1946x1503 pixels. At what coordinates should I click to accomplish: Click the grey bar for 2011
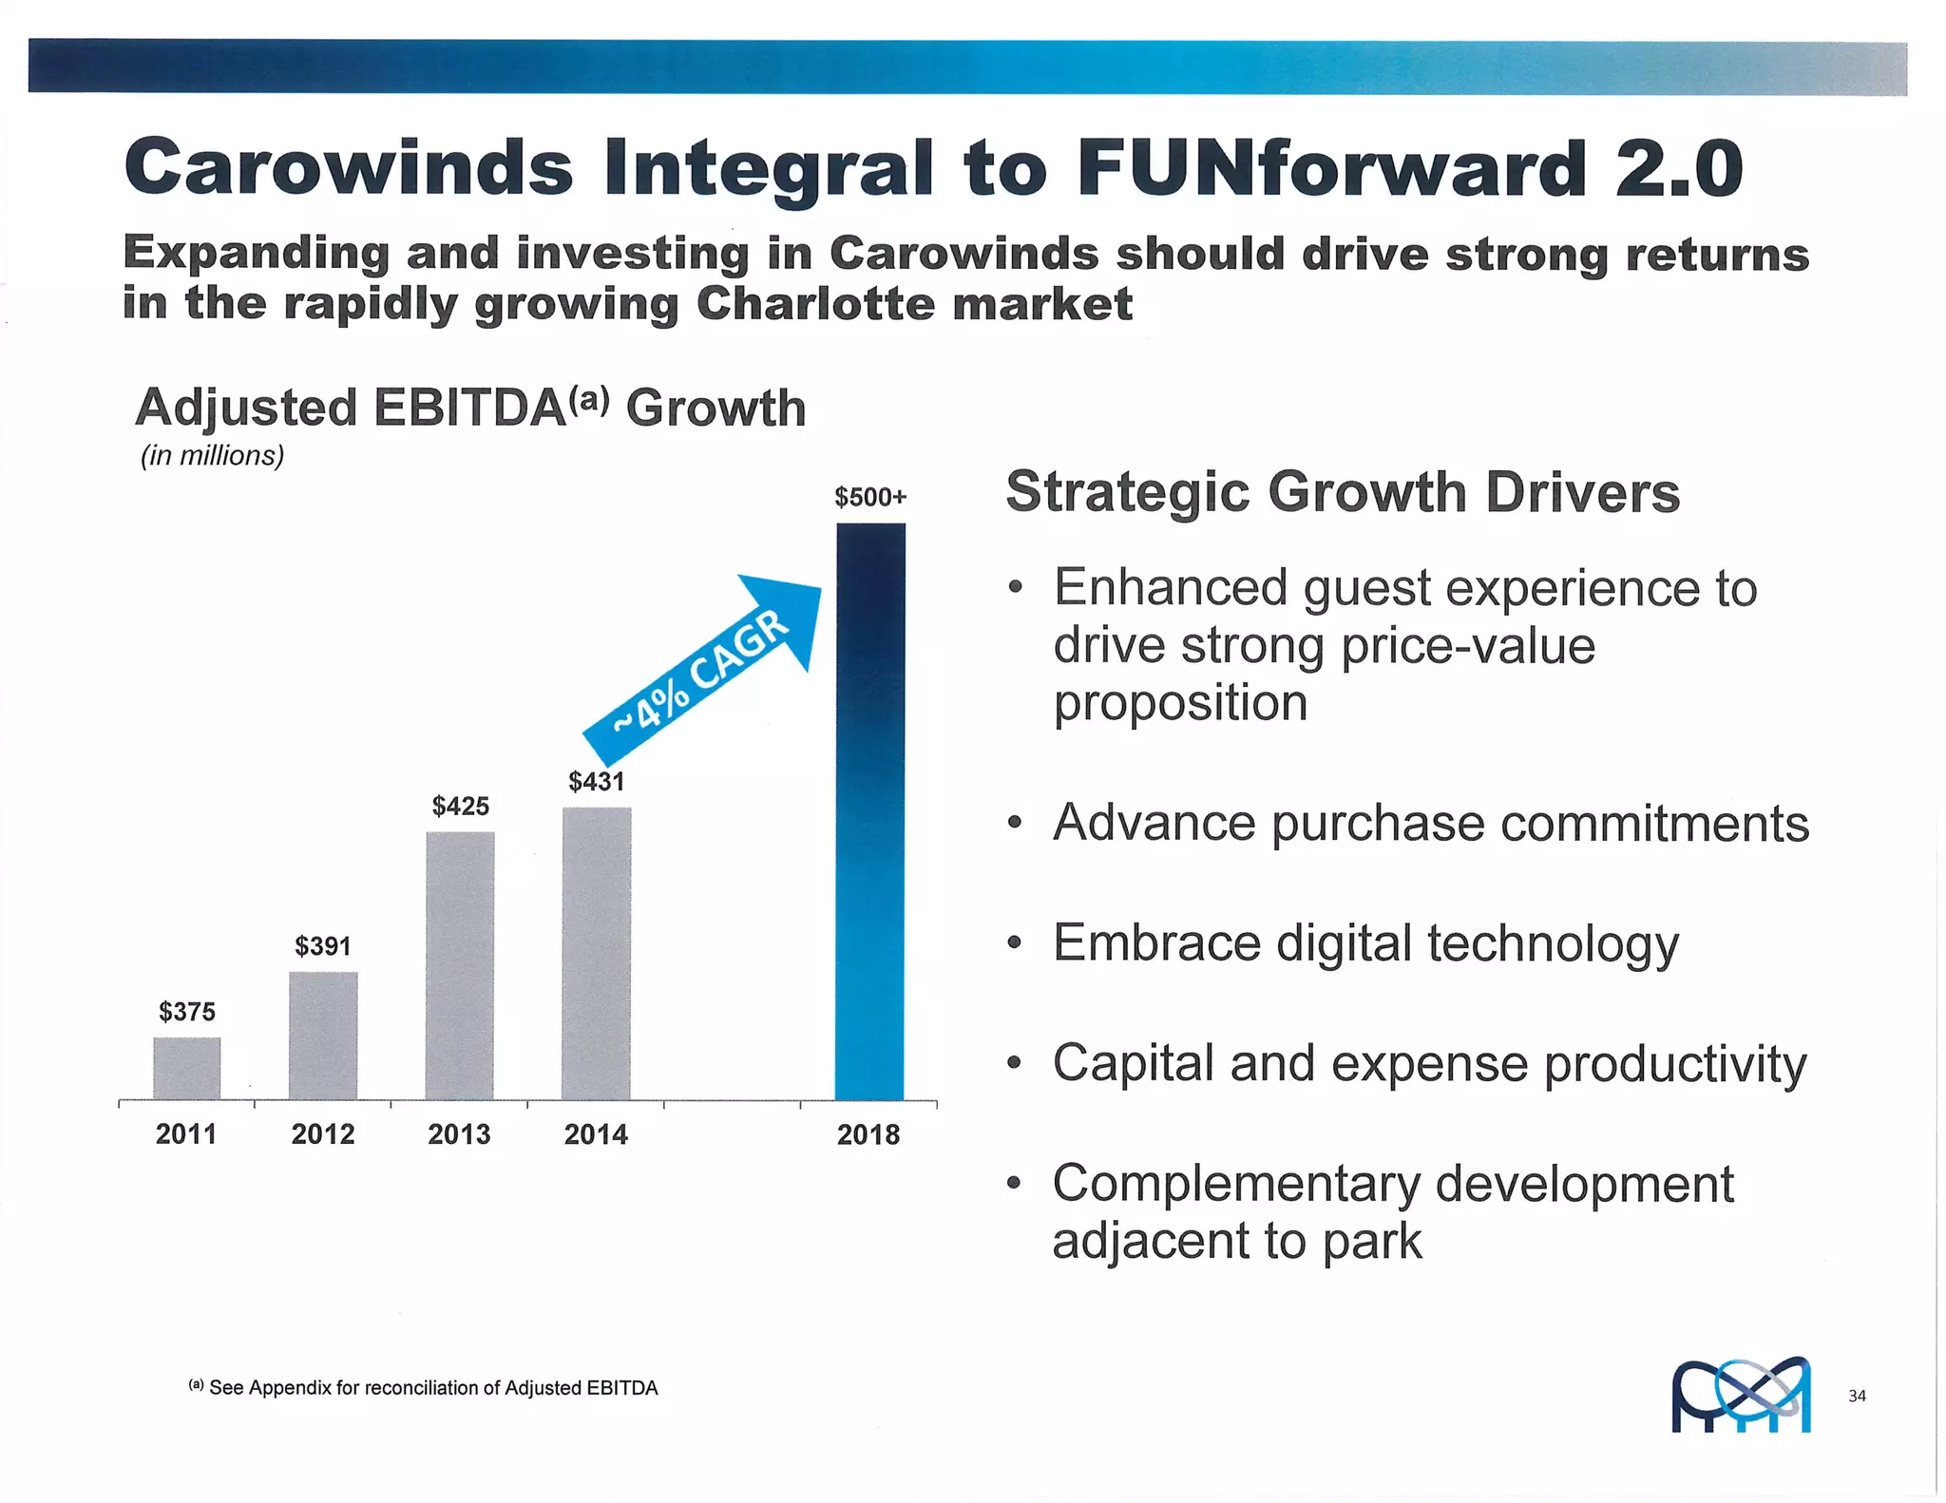[187, 1068]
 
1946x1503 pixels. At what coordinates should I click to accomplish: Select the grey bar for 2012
[323, 1036]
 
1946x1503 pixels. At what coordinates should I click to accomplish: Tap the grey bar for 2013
[460, 965]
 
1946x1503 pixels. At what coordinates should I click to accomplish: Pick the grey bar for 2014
[597, 953]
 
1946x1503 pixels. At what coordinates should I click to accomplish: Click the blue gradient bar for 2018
[870, 812]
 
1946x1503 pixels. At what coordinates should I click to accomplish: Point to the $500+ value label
[870, 497]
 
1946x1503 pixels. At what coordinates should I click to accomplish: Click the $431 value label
[597, 782]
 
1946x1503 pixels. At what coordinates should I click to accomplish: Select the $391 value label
[323, 946]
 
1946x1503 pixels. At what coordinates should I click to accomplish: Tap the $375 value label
[187, 1012]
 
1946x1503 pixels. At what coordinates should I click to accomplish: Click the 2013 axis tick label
[460, 1134]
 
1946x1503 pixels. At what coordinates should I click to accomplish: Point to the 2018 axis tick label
[868, 1134]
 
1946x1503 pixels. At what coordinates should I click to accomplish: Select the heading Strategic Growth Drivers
[1343, 492]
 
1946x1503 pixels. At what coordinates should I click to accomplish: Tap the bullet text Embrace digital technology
[1365, 943]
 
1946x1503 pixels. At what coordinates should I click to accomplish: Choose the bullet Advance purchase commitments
[1430, 823]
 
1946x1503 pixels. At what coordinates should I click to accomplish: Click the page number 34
[1857, 1396]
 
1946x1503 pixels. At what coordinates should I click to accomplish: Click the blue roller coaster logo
[1741, 1395]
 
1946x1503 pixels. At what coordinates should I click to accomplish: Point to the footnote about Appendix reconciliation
[424, 1388]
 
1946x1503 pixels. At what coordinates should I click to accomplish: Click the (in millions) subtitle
[213, 456]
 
